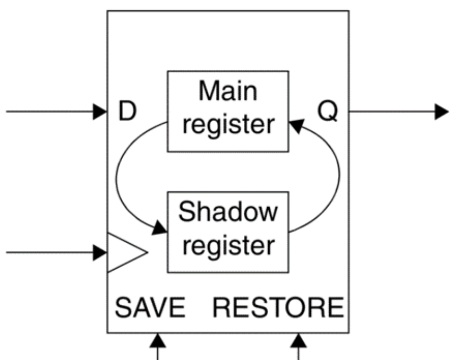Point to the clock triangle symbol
click(x=123, y=252)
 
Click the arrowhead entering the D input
click(x=100, y=112)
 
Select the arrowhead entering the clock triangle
click(x=100, y=252)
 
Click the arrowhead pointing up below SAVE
click(x=157, y=340)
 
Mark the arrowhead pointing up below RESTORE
click(x=297, y=340)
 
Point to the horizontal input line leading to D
click(x=49, y=112)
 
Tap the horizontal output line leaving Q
click(x=389, y=112)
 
